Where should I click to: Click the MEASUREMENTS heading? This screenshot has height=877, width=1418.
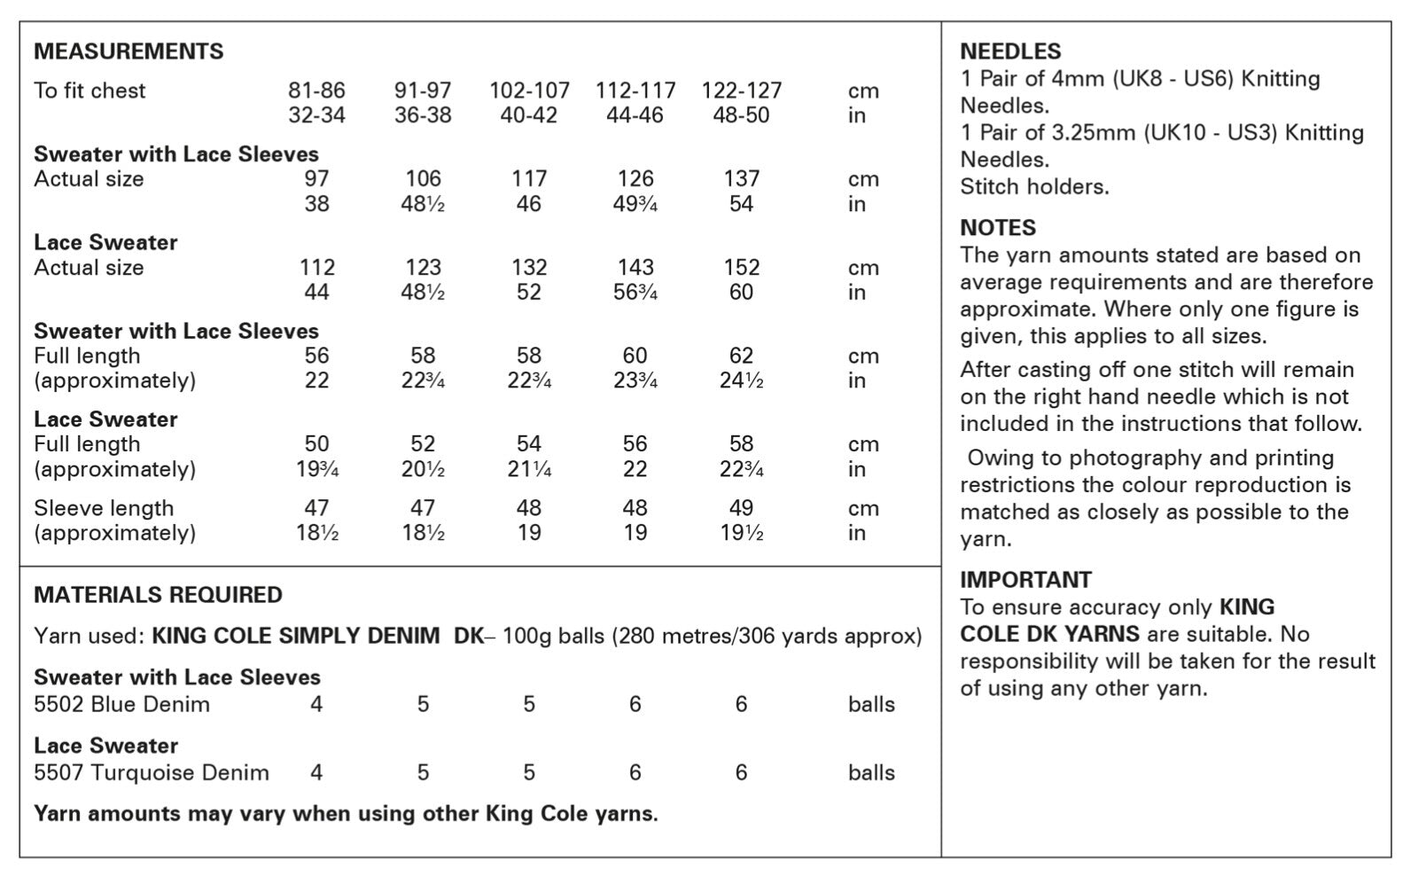point(129,51)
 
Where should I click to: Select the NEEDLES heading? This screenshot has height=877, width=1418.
point(1010,51)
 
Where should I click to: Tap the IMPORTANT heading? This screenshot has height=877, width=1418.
point(1025,580)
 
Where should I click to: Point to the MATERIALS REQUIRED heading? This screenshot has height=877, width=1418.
point(158,595)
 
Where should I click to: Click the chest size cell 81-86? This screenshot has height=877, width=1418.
point(316,90)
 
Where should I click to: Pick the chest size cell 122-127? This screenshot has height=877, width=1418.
point(741,90)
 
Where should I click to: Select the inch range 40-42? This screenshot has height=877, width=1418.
point(528,115)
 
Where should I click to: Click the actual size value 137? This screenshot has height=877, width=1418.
point(741,179)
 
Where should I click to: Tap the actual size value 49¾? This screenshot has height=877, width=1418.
point(635,204)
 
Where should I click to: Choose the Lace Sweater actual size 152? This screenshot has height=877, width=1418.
point(741,268)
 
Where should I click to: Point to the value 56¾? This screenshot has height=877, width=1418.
point(635,293)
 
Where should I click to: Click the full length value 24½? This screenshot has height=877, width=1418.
point(741,381)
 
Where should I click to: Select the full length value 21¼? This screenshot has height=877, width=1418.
point(529,470)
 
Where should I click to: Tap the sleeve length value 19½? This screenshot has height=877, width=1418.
point(741,533)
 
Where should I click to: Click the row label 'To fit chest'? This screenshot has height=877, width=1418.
point(90,90)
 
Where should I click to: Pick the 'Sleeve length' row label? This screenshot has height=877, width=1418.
point(104,508)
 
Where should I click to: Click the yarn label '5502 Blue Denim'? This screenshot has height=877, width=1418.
point(121,705)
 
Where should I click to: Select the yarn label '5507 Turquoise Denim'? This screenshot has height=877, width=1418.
point(151,773)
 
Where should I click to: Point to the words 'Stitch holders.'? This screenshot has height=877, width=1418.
point(1034,187)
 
